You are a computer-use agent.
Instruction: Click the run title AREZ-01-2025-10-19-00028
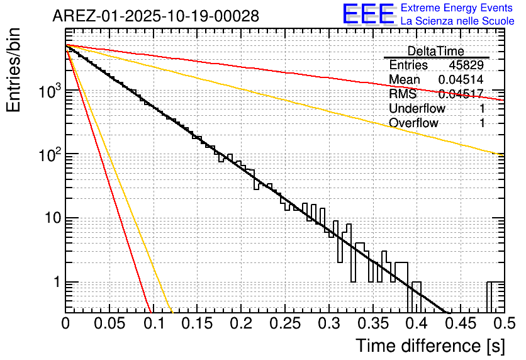(x=155, y=16)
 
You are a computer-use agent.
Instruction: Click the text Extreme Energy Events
(x=457, y=8)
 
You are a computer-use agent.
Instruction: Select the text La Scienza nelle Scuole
(x=457, y=21)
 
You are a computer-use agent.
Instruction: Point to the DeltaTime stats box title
(x=435, y=51)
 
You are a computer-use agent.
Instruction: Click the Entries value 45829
(x=466, y=65)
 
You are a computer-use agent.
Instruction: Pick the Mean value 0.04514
(x=461, y=80)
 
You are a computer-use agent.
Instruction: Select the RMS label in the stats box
(x=403, y=94)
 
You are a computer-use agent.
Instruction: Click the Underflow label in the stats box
(x=417, y=108)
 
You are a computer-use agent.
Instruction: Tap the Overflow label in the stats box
(x=413, y=123)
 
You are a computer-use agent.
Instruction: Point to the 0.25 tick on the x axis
(x=284, y=323)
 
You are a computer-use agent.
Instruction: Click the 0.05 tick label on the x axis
(x=109, y=323)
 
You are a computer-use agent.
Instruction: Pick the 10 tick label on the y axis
(x=51, y=218)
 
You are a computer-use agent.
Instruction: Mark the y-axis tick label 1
(x=56, y=283)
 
